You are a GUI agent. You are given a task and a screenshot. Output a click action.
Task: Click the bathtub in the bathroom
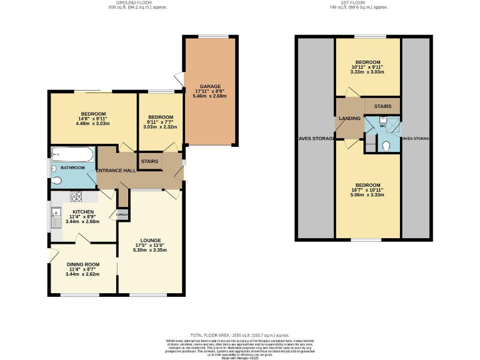click(69, 154)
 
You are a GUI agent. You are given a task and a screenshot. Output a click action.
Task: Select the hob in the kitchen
click(76, 196)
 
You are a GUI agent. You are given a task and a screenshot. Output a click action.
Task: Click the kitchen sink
click(56, 217)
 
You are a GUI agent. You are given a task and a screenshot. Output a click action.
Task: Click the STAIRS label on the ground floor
click(149, 161)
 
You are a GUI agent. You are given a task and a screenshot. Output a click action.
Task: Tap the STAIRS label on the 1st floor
click(382, 106)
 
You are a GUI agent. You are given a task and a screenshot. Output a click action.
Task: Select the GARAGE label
click(210, 86)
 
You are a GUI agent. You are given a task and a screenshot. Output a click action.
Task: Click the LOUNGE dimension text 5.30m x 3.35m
click(149, 250)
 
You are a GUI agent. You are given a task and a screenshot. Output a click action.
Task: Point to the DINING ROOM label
click(82, 264)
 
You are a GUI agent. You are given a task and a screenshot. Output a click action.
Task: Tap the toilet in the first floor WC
click(387, 145)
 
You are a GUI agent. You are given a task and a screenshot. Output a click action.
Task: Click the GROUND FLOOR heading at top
click(127, 3)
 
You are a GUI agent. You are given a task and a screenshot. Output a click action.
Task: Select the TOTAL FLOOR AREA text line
click(240, 335)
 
